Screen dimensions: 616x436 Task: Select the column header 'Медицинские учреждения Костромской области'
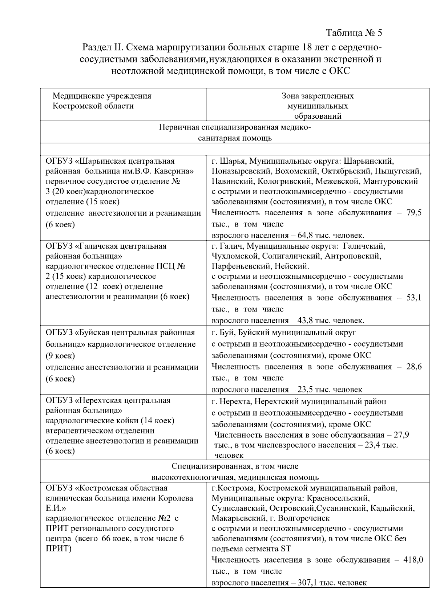pyautogui.click(x=102, y=101)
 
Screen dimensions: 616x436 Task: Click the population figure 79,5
pyautogui.click(x=414, y=213)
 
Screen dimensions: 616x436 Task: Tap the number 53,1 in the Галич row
pyautogui.click(x=414, y=298)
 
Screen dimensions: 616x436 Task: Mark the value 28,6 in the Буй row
pyautogui.click(x=414, y=367)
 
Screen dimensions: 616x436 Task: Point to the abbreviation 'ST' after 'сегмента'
pyautogui.click(x=286, y=548)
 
